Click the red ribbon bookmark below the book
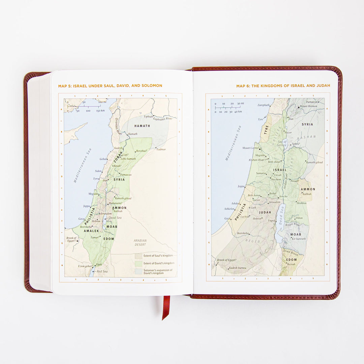pyautogui.click(x=166, y=307)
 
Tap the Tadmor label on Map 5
pyautogui.click(x=160, y=149)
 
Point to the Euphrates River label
pyautogui.click(x=163, y=119)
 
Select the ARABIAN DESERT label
pyautogui.click(x=140, y=243)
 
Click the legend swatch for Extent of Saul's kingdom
pyautogui.click(x=138, y=256)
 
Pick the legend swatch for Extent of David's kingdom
pyautogui.click(x=138, y=263)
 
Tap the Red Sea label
pyautogui.click(x=102, y=271)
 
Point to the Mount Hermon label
pyautogui.click(x=308, y=106)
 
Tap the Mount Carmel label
pyautogui.click(x=250, y=148)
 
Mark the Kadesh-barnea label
pyautogui.click(x=238, y=268)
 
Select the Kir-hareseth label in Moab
pyautogui.click(x=299, y=239)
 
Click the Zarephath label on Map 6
pyautogui.click(x=264, y=105)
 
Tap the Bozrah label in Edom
pyautogui.click(x=292, y=264)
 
